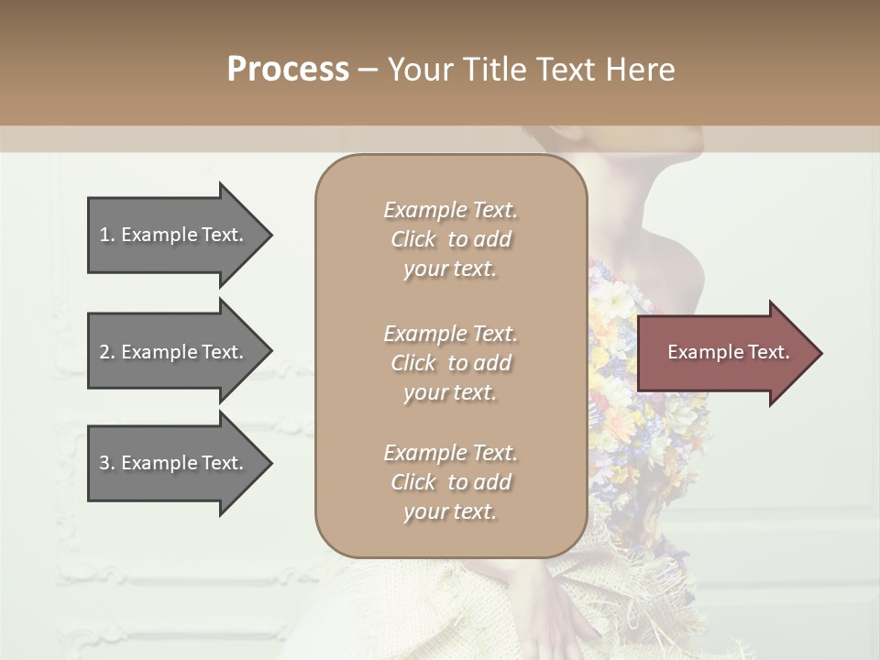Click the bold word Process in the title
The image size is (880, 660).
pyautogui.click(x=288, y=70)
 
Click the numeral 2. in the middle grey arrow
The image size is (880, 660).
pyautogui.click(x=107, y=352)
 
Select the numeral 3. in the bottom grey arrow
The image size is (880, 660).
pyautogui.click(x=107, y=463)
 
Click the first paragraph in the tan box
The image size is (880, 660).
pyautogui.click(x=450, y=239)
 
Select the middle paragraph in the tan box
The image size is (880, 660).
pyautogui.click(x=450, y=363)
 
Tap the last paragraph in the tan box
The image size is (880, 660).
pyautogui.click(x=450, y=482)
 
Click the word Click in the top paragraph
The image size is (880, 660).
pyautogui.click(x=413, y=239)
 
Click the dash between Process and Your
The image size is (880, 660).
pyautogui.click(x=368, y=70)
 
